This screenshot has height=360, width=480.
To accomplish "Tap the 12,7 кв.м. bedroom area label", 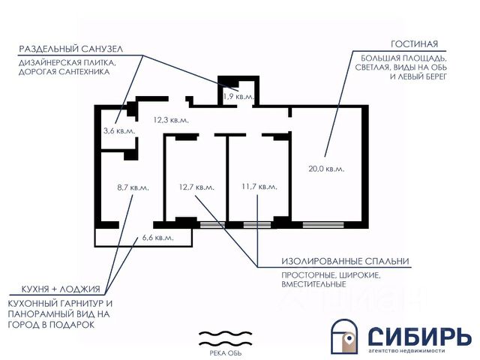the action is [196, 187].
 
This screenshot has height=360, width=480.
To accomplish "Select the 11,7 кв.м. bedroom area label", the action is [259, 187].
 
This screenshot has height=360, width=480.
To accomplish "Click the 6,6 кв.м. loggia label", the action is [157, 238].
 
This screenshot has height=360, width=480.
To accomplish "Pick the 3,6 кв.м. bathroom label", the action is [118, 130].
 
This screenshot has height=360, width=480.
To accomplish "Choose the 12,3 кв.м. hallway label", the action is [171, 119].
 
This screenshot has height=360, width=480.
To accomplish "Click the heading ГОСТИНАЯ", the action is [414, 43].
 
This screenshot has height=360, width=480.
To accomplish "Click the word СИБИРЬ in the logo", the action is [420, 334].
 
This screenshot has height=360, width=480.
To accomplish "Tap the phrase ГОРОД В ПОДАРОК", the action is [51, 325].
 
